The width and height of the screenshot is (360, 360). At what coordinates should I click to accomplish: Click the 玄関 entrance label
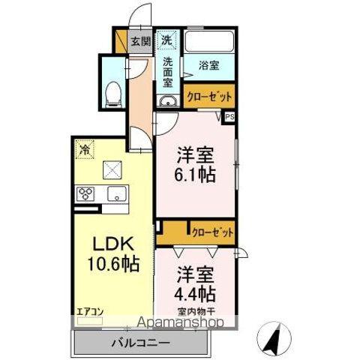[x=140, y=42]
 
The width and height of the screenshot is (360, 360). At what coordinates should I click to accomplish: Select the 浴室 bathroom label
[x=208, y=65]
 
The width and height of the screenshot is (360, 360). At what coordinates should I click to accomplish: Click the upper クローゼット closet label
[x=208, y=97]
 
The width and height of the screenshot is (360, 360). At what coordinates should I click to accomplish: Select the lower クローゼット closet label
[x=212, y=231]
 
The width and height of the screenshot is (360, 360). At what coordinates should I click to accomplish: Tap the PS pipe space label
[x=229, y=117]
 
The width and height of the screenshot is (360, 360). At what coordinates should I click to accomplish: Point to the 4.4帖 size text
[x=196, y=292]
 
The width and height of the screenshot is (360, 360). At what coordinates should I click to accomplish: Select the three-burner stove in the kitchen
[x=85, y=195]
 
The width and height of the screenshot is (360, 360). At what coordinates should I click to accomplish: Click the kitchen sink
[x=116, y=195]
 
